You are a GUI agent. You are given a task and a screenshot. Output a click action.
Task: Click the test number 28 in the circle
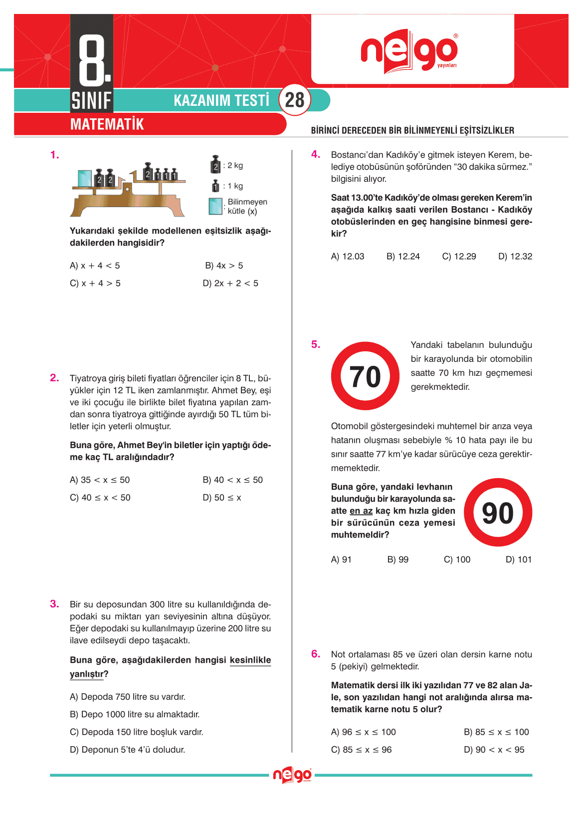[295, 100]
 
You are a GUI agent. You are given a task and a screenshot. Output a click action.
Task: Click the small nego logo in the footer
[292, 775]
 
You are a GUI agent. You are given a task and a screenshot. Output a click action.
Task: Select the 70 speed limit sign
[365, 376]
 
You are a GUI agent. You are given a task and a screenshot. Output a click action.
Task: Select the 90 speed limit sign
[498, 513]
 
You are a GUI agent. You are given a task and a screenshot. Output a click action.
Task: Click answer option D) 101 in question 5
[519, 559]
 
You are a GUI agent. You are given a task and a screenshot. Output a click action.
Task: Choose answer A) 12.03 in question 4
[348, 257]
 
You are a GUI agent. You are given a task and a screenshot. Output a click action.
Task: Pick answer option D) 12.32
[515, 257]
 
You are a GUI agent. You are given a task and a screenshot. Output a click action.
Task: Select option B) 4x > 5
[224, 266]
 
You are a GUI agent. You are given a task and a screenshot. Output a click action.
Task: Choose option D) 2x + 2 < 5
[230, 283]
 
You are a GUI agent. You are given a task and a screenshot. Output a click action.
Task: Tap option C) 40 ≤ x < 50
[100, 498]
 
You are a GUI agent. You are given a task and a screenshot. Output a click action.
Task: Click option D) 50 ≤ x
[222, 498]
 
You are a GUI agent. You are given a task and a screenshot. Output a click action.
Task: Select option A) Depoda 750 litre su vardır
[128, 697]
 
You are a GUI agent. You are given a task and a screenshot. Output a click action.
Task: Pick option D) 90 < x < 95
[494, 750]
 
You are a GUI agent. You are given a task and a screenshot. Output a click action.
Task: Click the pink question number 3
[54, 604]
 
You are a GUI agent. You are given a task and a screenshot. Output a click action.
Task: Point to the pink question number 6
[316, 654]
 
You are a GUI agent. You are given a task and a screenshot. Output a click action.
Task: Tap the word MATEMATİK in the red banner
[107, 124]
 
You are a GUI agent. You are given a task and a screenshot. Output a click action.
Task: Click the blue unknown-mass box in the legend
[215, 206]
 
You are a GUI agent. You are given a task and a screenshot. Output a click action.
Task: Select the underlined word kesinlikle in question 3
[250, 660]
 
